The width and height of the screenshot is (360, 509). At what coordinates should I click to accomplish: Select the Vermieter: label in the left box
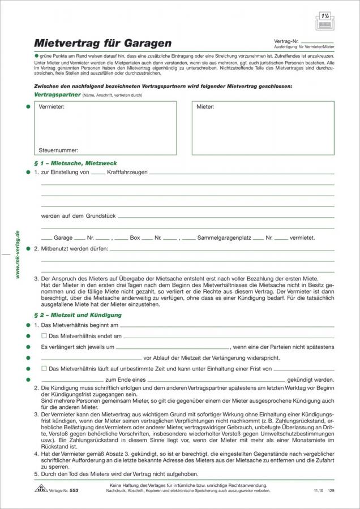coord(52,106)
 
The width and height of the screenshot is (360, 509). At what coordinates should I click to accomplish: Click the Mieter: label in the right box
coord(205,106)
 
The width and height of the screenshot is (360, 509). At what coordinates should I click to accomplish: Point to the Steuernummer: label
coord(58,150)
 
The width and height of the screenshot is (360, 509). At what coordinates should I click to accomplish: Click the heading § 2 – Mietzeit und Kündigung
coord(78,314)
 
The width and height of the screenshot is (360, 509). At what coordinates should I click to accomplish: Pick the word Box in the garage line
coord(135,238)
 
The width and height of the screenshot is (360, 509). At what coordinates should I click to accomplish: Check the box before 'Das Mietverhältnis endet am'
coord(44,336)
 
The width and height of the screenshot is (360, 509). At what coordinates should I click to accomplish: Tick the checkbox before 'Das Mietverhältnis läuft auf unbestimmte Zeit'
coord(44,369)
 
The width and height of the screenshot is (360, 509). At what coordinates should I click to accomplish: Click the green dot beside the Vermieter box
coord(28,106)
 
